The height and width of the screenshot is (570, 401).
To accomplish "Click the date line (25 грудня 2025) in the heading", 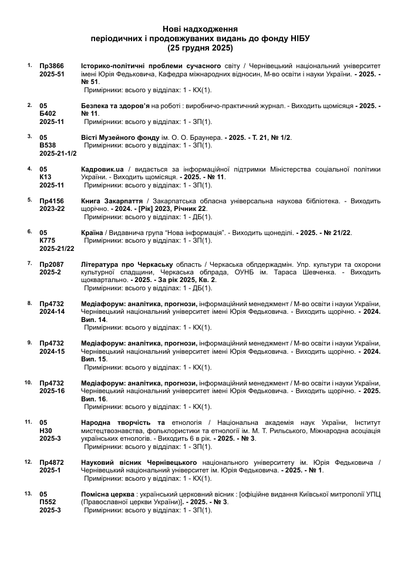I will click(x=200, y=48).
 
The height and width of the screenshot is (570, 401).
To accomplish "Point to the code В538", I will click(x=48, y=146).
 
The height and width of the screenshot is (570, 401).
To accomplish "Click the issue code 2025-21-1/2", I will click(x=58, y=154).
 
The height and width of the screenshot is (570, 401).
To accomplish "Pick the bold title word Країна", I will click(x=93, y=233).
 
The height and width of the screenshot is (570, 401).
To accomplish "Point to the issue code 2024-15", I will click(x=52, y=352).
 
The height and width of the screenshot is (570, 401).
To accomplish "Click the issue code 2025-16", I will click(x=52, y=391).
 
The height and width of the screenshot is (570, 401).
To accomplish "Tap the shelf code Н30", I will click(x=46, y=431).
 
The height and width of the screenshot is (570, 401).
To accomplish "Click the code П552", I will click(x=48, y=502).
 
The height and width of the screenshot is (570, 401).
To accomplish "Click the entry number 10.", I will click(x=28, y=383).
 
